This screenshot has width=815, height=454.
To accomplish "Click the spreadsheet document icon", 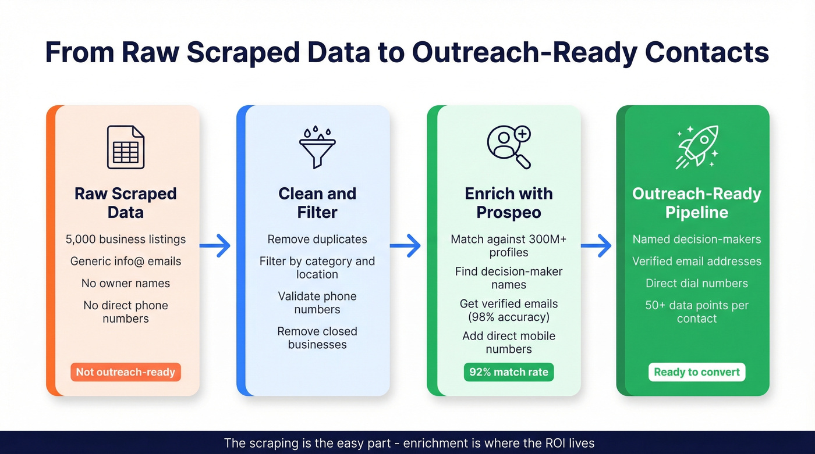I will [x=125, y=148].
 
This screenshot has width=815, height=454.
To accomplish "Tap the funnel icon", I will [x=317, y=147].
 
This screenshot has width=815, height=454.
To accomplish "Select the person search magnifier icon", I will [x=509, y=148].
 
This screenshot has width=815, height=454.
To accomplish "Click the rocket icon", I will [x=697, y=147].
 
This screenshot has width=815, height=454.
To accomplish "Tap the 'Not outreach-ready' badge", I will [x=126, y=372].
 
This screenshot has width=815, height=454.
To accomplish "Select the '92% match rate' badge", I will [x=509, y=372].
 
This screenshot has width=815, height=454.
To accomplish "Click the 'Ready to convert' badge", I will [x=697, y=372].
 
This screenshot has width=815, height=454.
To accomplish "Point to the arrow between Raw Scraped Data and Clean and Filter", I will [x=215, y=246].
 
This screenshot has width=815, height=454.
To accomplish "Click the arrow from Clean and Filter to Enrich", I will [x=405, y=246].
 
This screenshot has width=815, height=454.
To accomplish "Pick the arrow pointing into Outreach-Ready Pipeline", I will [x=596, y=246].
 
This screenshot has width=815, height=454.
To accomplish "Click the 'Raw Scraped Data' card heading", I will [x=126, y=203].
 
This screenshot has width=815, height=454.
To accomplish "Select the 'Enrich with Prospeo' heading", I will [x=509, y=203].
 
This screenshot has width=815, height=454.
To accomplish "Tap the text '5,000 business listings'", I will [x=126, y=239].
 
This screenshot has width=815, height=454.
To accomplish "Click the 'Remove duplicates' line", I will [x=317, y=239].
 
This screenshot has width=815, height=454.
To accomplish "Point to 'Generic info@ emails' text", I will [x=126, y=262].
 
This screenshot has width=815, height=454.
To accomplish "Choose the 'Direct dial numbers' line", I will [x=697, y=284].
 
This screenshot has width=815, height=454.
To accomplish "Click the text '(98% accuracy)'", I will [x=509, y=317].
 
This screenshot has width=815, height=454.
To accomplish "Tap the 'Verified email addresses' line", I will [x=697, y=262].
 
